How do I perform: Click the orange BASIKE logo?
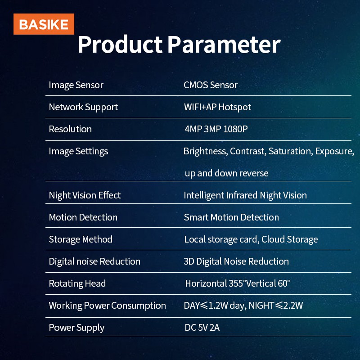point(44,24)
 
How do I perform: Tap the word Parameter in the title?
point(224,45)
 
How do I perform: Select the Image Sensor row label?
point(76,85)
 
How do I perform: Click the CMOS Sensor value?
point(211,85)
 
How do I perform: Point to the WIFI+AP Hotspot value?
point(217,107)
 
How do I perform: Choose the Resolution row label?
point(70,129)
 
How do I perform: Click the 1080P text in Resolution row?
point(233,129)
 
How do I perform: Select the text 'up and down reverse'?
point(226,173)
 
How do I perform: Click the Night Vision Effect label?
point(85,195)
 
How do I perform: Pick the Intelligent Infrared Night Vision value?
point(245,195)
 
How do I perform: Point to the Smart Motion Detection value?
point(231,217)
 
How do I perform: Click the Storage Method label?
point(81,239)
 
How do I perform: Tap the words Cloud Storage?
point(290,239)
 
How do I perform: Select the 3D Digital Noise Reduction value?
point(236,261)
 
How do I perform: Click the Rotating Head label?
point(77,283)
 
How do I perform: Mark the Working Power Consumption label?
point(107,306)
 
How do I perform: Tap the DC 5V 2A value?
point(202,328)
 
